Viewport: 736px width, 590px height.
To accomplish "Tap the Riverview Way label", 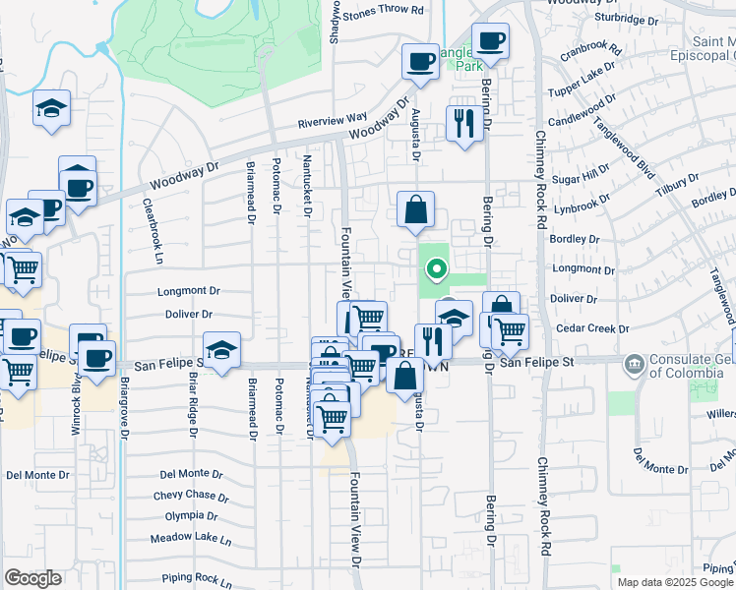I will click(x=333, y=119).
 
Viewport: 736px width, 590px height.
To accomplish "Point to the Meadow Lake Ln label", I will click(x=191, y=539).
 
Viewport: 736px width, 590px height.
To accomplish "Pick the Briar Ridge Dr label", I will click(x=193, y=405).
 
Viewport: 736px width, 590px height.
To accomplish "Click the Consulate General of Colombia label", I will click(x=685, y=364).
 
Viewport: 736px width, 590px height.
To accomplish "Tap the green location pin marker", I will click(x=432, y=268).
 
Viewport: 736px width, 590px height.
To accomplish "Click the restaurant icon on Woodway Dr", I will click(x=462, y=123).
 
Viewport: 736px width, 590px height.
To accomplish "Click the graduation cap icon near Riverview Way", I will click(x=51, y=108).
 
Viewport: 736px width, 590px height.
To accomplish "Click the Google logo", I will click(x=32, y=578).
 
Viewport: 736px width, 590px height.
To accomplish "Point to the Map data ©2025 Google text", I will click(x=674, y=582).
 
